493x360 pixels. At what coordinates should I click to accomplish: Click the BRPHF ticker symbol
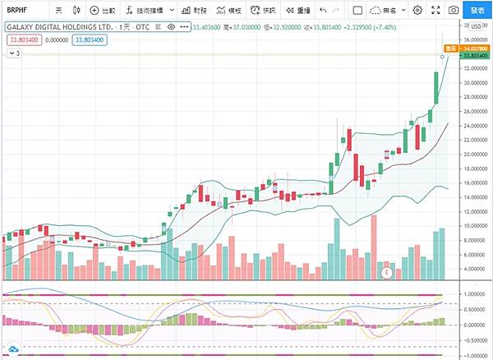coord(19,11)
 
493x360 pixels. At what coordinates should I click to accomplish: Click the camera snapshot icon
coord(453,11)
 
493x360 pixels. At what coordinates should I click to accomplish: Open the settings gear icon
coord(418,11)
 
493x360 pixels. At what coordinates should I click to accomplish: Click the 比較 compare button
coord(104,11)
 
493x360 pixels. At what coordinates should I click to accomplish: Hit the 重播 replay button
coord(298,11)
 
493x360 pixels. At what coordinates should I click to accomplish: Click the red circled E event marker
coord(387,271)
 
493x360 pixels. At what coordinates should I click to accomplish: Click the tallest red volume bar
coord(375,247)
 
